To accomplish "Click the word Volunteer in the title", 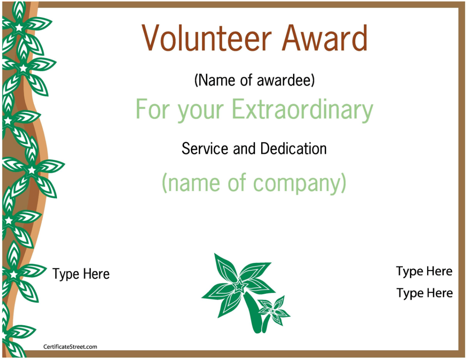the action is (x=206, y=38).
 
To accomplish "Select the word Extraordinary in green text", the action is (x=302, y=110).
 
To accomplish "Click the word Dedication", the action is (x=293, y=148).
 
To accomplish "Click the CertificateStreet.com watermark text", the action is (x=70, y=347).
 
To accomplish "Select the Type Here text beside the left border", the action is (x=81, y=274).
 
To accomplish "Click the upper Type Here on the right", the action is (x=424, y=271).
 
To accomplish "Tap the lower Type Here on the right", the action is (x=424, y=293).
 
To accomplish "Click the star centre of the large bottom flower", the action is (x=239, y=286).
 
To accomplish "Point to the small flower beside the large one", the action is (x=273, y=310).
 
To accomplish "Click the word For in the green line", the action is (x=153, y=109).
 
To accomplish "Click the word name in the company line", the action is (x=194, y=183).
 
